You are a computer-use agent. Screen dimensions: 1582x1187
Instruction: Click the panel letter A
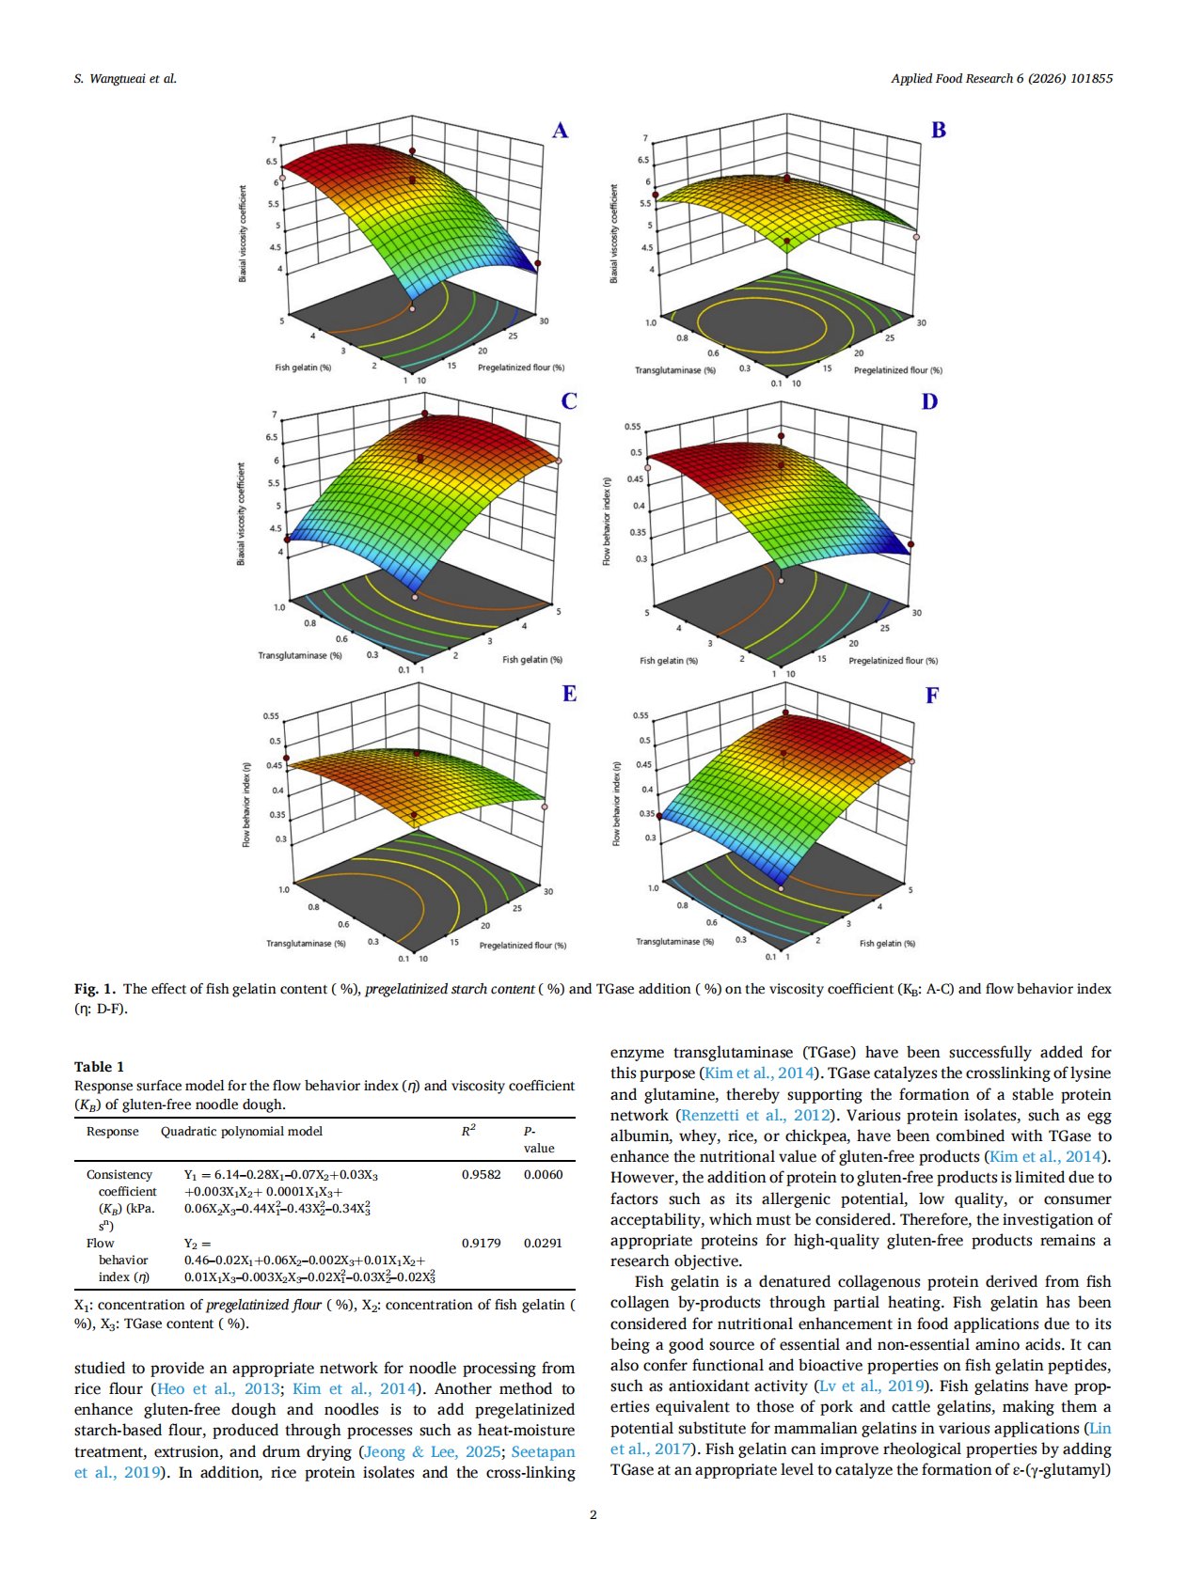pos(560,131)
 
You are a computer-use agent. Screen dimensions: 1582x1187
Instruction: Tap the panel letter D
pos(929,402)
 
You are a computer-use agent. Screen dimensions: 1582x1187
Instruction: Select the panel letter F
pos(932,696)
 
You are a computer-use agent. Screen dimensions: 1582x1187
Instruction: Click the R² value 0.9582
pos(481,1174)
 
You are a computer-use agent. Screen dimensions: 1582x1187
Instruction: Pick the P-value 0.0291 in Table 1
pos(543,1243)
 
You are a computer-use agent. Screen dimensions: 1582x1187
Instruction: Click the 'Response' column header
pos(112,1131)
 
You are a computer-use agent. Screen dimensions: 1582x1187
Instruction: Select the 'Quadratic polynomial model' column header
pos(242,1131)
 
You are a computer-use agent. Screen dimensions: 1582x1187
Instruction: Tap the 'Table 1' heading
pos(99,1066)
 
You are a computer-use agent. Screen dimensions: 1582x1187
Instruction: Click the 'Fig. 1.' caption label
pos(95,989)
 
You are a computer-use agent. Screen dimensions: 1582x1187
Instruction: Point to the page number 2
pos(593,1514)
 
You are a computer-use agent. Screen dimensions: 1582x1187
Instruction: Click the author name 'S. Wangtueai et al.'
pos(125,79)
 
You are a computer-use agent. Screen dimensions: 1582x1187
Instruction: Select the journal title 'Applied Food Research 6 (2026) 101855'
pos(1002,79)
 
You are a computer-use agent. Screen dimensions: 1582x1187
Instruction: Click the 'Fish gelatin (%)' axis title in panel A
pos(303,368)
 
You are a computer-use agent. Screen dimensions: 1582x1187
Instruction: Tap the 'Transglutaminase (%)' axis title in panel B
pos(675,370)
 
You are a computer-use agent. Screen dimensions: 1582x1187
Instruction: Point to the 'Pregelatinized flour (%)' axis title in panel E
pos(523,945)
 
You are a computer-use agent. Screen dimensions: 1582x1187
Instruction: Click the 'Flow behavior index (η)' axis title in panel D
pos(607,521)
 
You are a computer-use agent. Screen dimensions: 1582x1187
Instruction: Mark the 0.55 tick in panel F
pos(641,715)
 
